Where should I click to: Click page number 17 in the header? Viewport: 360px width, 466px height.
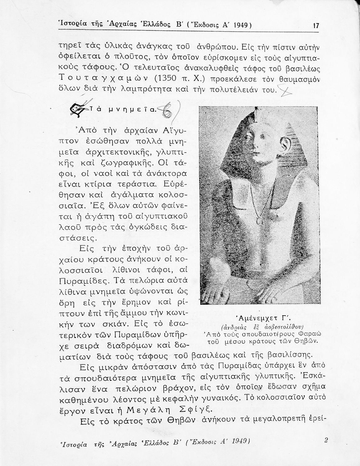(x=316, y=26)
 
